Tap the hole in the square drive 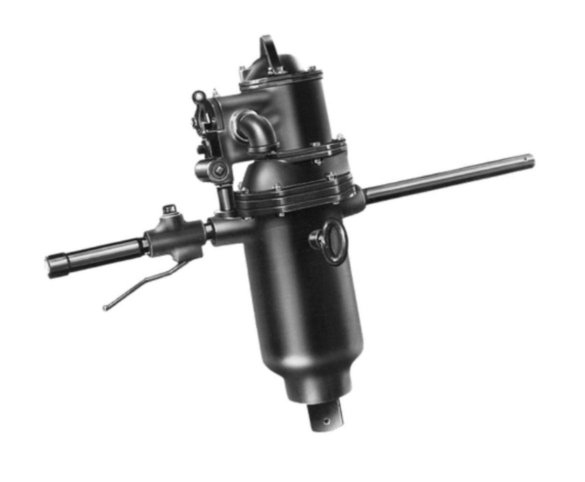click(x=326, y=421)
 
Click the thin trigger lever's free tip click(x=105, y=308)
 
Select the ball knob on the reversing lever click(x=199, y=96)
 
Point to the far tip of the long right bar click(x=530, y=161)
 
